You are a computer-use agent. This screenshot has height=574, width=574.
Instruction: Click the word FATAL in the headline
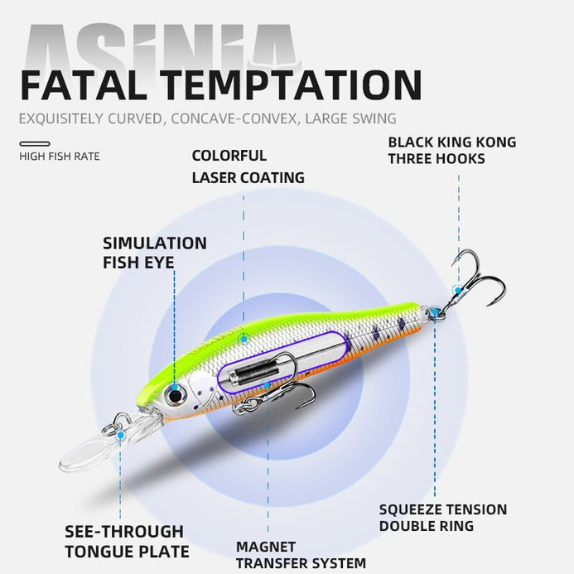[x=84, y=85]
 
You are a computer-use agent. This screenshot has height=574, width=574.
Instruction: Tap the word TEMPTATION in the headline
[x=292, y=85]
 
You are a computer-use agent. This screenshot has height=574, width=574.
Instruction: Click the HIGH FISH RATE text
[x=60, y=157]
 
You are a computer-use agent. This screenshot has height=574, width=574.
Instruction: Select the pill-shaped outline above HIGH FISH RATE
[x=35, y=144]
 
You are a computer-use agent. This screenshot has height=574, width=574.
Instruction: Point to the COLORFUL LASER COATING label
[x=248, y=166]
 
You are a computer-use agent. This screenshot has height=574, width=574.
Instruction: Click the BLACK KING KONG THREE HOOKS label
[x=452, y=151]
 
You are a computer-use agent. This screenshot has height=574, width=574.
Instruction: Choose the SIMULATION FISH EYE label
[x=155, y=253]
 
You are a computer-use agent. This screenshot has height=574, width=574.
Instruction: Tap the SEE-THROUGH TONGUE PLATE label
[x=127, y=542]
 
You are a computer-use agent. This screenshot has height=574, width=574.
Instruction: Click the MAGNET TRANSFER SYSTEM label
[x=301, y=555]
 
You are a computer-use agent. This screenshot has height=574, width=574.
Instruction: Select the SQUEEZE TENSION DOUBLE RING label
[x=443, y=518]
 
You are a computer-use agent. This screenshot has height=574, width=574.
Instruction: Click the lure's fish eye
[x=176, y=396]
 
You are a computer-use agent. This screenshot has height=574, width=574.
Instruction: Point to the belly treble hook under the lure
[x=278, y=383]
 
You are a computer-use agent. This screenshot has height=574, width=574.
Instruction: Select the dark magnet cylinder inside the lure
[x=253, y=373]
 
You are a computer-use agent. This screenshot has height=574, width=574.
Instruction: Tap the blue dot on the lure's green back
[x=244, y=340]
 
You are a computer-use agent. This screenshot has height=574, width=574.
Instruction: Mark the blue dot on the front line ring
[x=120, y=435]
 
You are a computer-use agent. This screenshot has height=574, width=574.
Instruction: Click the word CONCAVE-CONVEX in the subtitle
[x=234, y=118]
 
